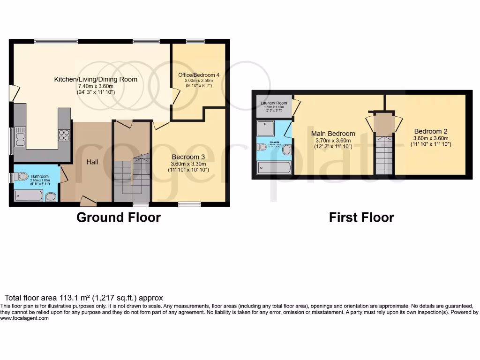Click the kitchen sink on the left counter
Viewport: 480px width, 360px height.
(x=20, y=136)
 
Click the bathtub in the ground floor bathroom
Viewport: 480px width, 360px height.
(x=29, y=195)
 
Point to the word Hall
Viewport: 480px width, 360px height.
(x=92, y=162)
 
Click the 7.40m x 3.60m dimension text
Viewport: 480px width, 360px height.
(x=96, y=86)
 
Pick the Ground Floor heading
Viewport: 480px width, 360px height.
(x=119, y=217)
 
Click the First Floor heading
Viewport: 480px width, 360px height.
(x=361, y=217)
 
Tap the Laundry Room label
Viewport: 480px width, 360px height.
(x=274, y=103)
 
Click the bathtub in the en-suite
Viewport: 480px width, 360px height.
(x=274, y=167)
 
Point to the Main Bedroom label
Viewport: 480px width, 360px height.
(x=333, y=134)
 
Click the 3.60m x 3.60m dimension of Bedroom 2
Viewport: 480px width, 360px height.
(x=431, y=138)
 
